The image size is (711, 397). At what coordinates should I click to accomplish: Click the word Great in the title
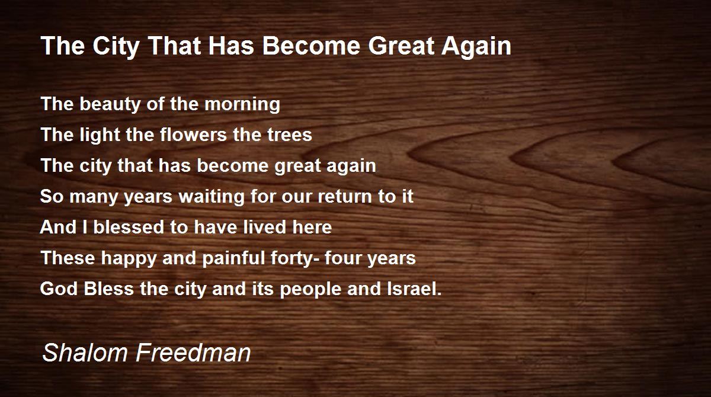402,46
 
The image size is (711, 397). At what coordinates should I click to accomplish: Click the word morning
242,105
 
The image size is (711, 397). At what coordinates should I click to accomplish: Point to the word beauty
110,105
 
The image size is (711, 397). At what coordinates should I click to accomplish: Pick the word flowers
193,135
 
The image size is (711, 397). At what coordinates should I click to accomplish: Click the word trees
290,135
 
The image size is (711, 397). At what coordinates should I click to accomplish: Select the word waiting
212,197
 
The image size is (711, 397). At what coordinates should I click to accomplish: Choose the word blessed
128,227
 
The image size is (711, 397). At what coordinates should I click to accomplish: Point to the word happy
129,258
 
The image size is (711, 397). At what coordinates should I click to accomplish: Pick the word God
59,289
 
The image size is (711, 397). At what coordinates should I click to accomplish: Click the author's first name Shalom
85,353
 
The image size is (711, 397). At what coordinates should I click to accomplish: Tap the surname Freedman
193,353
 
